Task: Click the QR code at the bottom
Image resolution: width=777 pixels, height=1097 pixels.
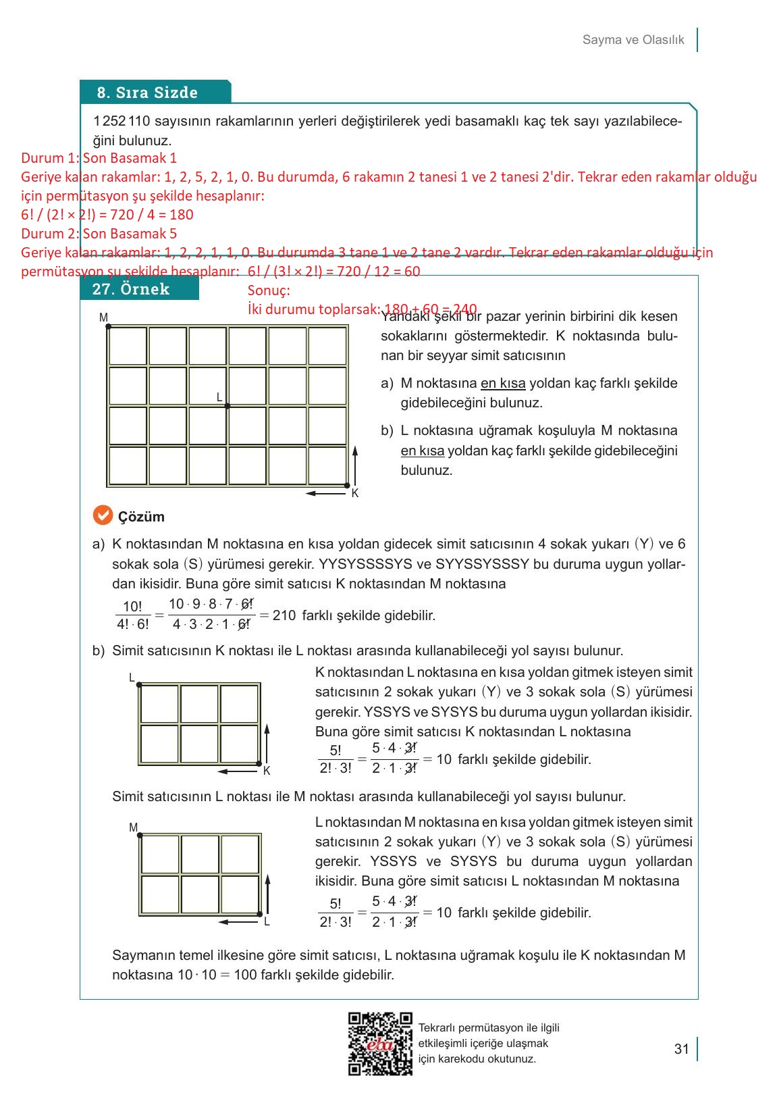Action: [380, 1043]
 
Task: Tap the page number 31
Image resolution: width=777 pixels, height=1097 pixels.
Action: [681, 1048]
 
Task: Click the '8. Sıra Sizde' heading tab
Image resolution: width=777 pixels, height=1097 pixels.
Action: [147, 93]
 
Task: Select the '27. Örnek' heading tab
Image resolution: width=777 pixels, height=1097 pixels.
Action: [131, 289]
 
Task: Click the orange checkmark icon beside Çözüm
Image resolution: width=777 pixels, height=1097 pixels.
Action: [102, 515]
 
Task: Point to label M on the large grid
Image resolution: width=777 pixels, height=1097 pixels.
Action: [103, 317]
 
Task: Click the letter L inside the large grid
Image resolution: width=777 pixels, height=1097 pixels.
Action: [219, 397]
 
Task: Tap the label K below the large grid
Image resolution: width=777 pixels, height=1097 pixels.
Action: [355, 493]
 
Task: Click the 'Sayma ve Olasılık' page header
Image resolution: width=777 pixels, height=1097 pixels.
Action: [633, 40]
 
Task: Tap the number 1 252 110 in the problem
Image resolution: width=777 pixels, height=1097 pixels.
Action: [122, 122]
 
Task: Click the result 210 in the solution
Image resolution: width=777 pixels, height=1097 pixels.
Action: [284, 615]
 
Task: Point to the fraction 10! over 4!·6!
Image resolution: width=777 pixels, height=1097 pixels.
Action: [132, 615]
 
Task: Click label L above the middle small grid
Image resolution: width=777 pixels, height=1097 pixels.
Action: [132, 678]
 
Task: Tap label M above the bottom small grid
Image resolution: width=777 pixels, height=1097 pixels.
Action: [133, 827]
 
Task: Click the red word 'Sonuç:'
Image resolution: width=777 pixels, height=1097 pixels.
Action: [269, 290]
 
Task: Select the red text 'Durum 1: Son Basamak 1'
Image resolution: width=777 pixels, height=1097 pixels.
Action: [99, 158]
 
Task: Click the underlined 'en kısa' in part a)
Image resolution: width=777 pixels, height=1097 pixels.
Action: [503, 384]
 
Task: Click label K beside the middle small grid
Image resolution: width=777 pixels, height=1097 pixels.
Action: [267, 771]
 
